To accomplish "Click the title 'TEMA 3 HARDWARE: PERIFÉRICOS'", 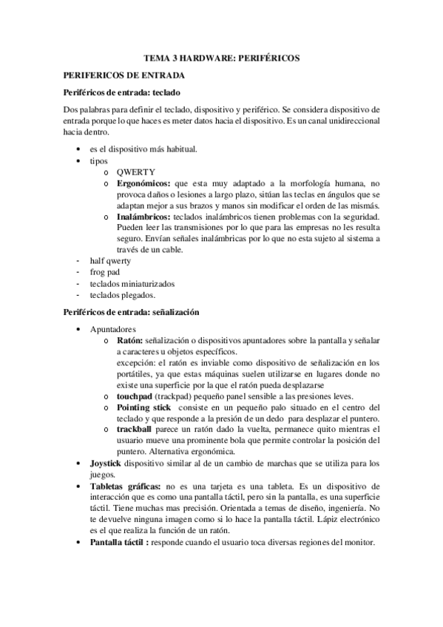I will click(221, 58).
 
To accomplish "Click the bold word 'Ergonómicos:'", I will click(143, 183).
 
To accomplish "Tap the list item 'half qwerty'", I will click(109, 261).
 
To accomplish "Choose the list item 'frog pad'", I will click(104, 272).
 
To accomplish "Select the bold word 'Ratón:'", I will click(129, 340).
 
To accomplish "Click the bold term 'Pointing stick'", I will click(141, 408).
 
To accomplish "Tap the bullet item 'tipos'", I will click(98, 160).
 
